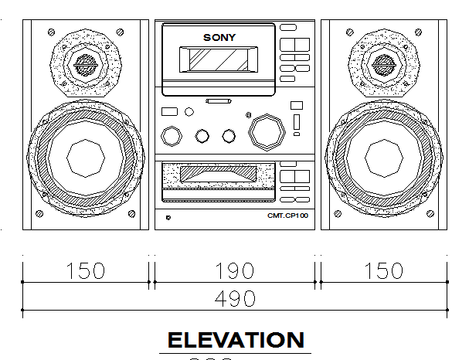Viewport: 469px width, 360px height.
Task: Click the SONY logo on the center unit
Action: pyautogui.click(x=219, y=37)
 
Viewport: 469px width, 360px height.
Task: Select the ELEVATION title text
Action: pyautogui.click(x=236, y=340)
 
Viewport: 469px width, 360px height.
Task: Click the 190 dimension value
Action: pyautogui.click(x=235, y=271)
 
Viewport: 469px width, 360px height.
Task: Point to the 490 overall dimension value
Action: pyautogui.click(x=235, y=297)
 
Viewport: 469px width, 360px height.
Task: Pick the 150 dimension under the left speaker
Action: pyautogui.click(x=85, y=271)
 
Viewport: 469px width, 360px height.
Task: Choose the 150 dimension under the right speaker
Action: pyautogui.click(x=384, y=271)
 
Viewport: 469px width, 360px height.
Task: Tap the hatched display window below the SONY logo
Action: pyautogui.click(x=219, y=59)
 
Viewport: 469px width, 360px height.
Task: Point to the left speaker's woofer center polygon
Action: pyautogui.click(x=85, y=158)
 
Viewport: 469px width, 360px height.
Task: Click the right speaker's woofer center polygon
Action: pyautogui.click(x=384, y=158)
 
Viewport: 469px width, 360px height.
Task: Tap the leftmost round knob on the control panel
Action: pyautogui.click(x=171, y=136)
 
